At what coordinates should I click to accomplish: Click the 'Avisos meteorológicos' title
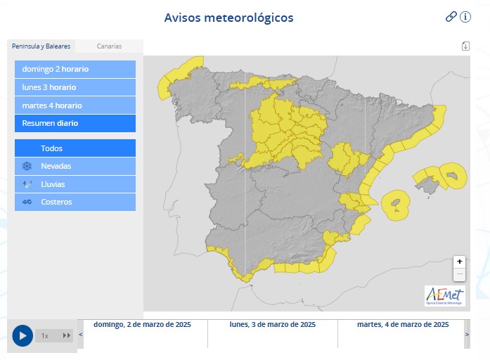(228, 18)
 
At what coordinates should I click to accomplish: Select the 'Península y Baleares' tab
(41, 46)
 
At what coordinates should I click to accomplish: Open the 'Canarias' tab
(109, 46)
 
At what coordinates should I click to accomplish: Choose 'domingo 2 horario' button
(75, 70)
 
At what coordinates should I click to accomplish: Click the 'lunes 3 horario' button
(75, 87)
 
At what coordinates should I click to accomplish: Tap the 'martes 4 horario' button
(75, 105)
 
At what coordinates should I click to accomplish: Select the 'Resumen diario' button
(75, 123)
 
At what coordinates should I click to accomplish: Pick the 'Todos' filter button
(75, 148)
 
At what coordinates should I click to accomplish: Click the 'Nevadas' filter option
(75, 166)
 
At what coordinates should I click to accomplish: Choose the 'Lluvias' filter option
(75, 184)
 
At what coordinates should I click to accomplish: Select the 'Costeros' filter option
(75, 202)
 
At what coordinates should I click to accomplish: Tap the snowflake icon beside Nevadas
(27, 166)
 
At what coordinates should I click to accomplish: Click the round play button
(22, 335)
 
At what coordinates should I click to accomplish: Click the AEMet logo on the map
(444, 296)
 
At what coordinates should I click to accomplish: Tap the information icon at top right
(465, 17)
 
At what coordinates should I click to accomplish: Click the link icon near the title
(451, 17)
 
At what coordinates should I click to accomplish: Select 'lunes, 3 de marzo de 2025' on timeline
(273, 325)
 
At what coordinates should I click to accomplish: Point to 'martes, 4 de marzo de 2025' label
(403, 325)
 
